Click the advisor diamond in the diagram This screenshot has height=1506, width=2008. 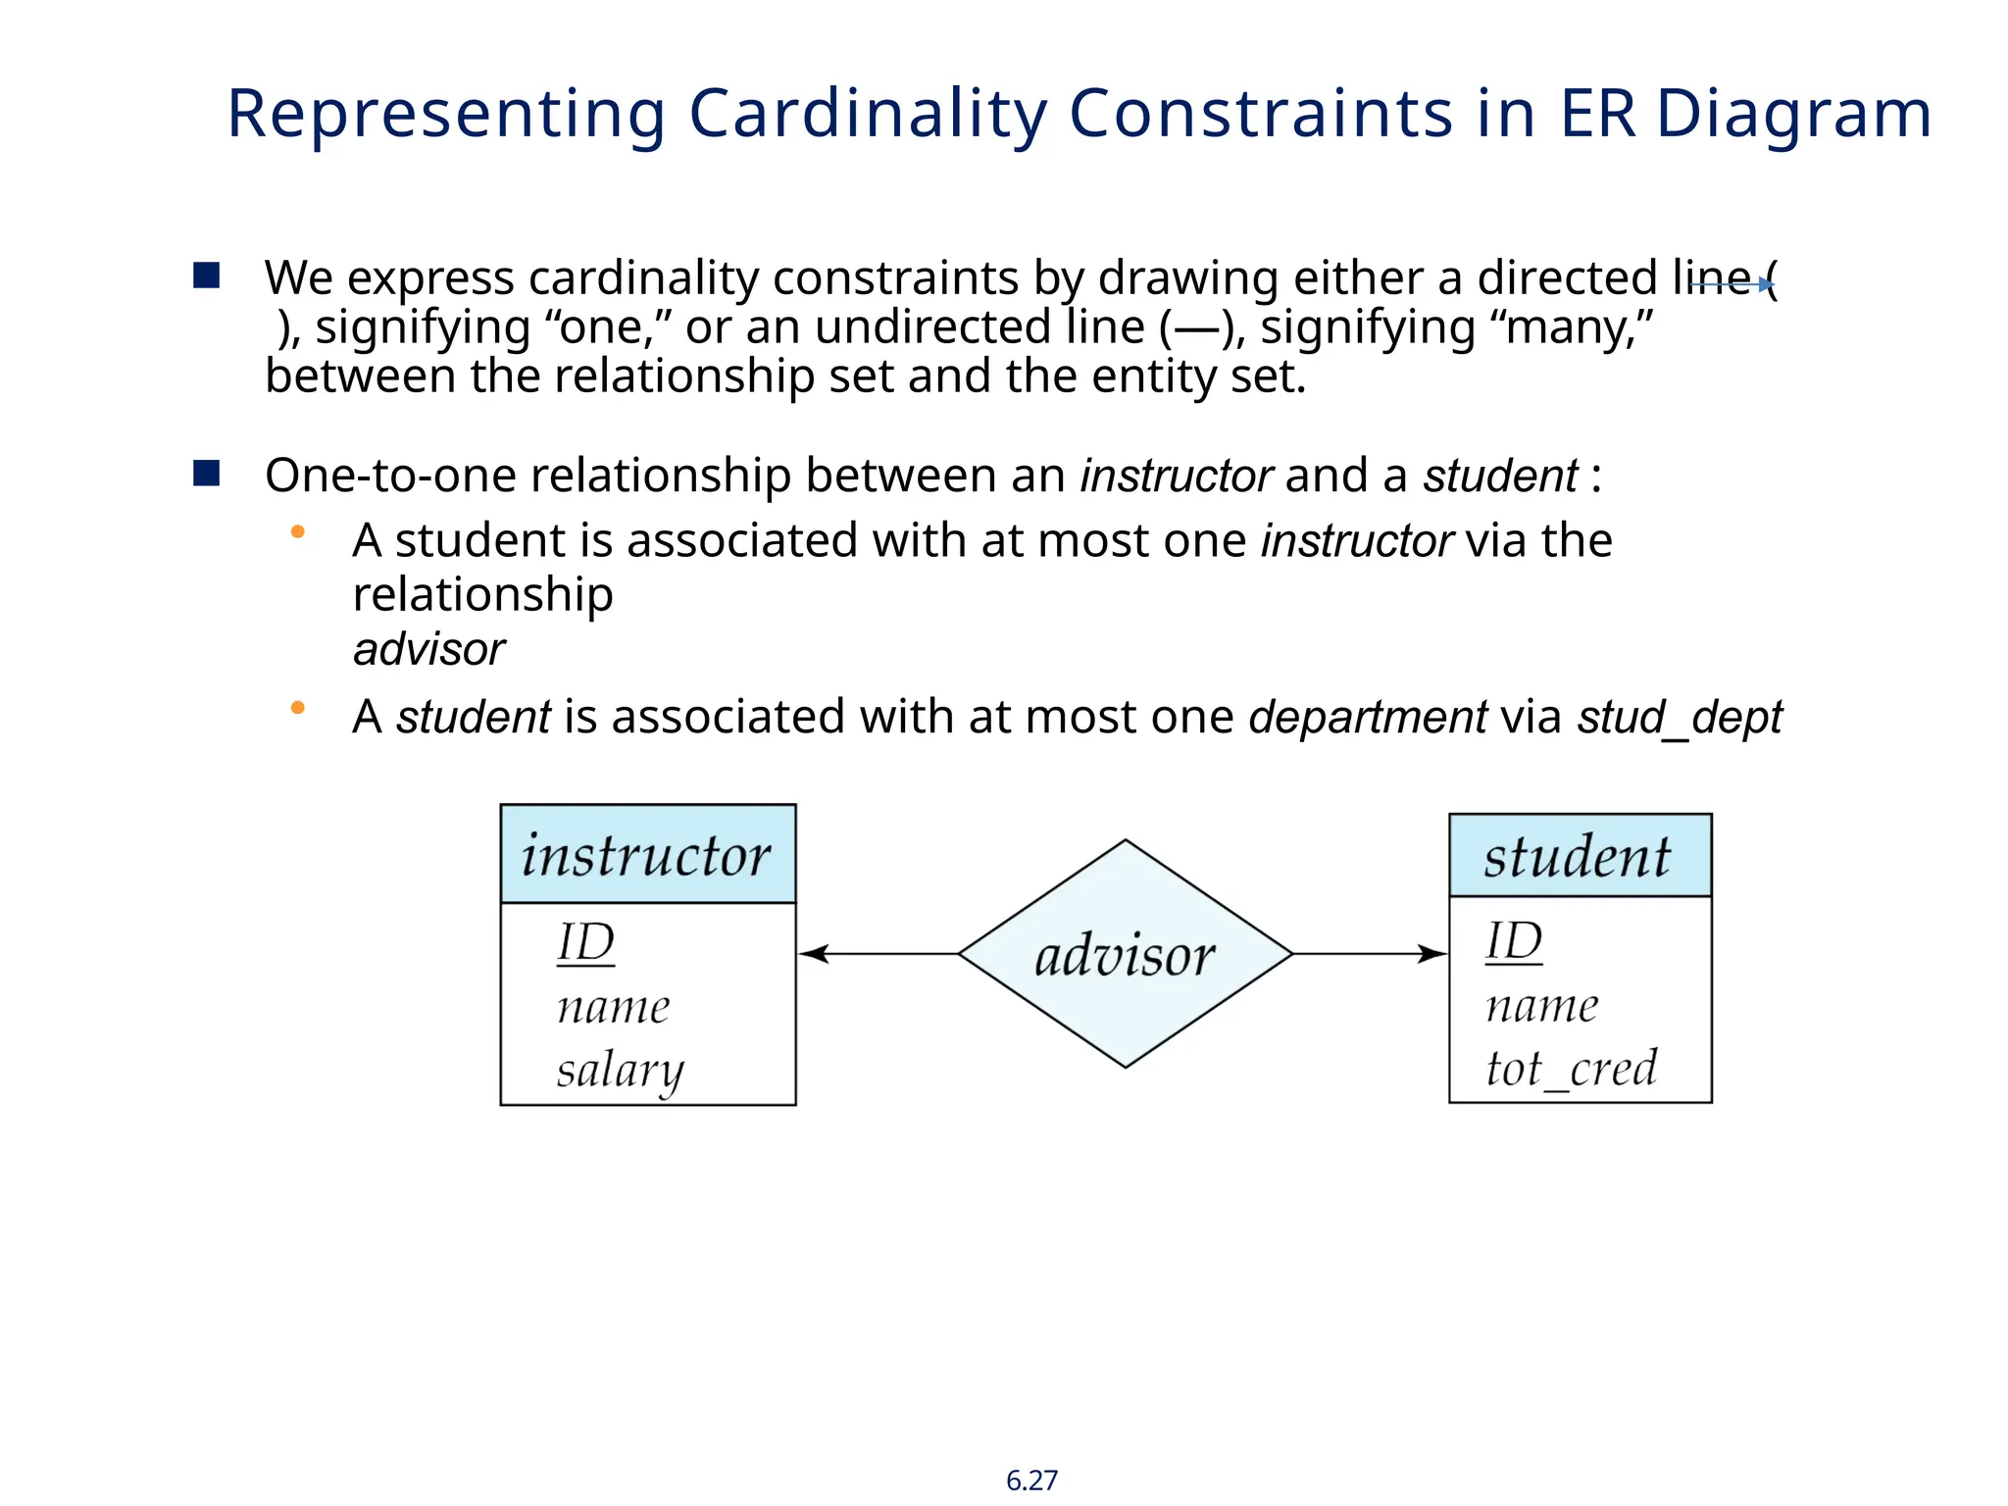click(1125, 954)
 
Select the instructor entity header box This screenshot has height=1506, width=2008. click(647, 854)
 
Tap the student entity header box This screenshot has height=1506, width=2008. click(1580, 855)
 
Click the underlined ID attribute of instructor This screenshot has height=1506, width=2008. click(585, 943)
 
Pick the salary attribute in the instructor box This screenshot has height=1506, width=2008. click(620, 1070)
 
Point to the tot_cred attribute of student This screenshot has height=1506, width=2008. click(1571, 1068)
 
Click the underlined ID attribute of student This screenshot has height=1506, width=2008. click(1513, 941)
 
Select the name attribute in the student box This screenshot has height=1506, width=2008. click(1541, 1006)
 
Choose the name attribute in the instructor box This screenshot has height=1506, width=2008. click(613, 1007)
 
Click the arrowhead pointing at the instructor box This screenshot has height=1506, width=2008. click(814, 953)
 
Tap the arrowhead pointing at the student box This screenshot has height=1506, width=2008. click(1432, 953)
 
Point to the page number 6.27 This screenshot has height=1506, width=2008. click(1031, 1480)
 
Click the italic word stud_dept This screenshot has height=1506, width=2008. click(1679, 717)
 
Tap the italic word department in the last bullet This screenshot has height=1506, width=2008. click(1368, 717)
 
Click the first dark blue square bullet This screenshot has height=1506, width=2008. click(207, 276)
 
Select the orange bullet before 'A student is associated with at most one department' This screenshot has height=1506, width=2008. click(298, 707)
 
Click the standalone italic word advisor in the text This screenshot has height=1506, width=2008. click(428, 649)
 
